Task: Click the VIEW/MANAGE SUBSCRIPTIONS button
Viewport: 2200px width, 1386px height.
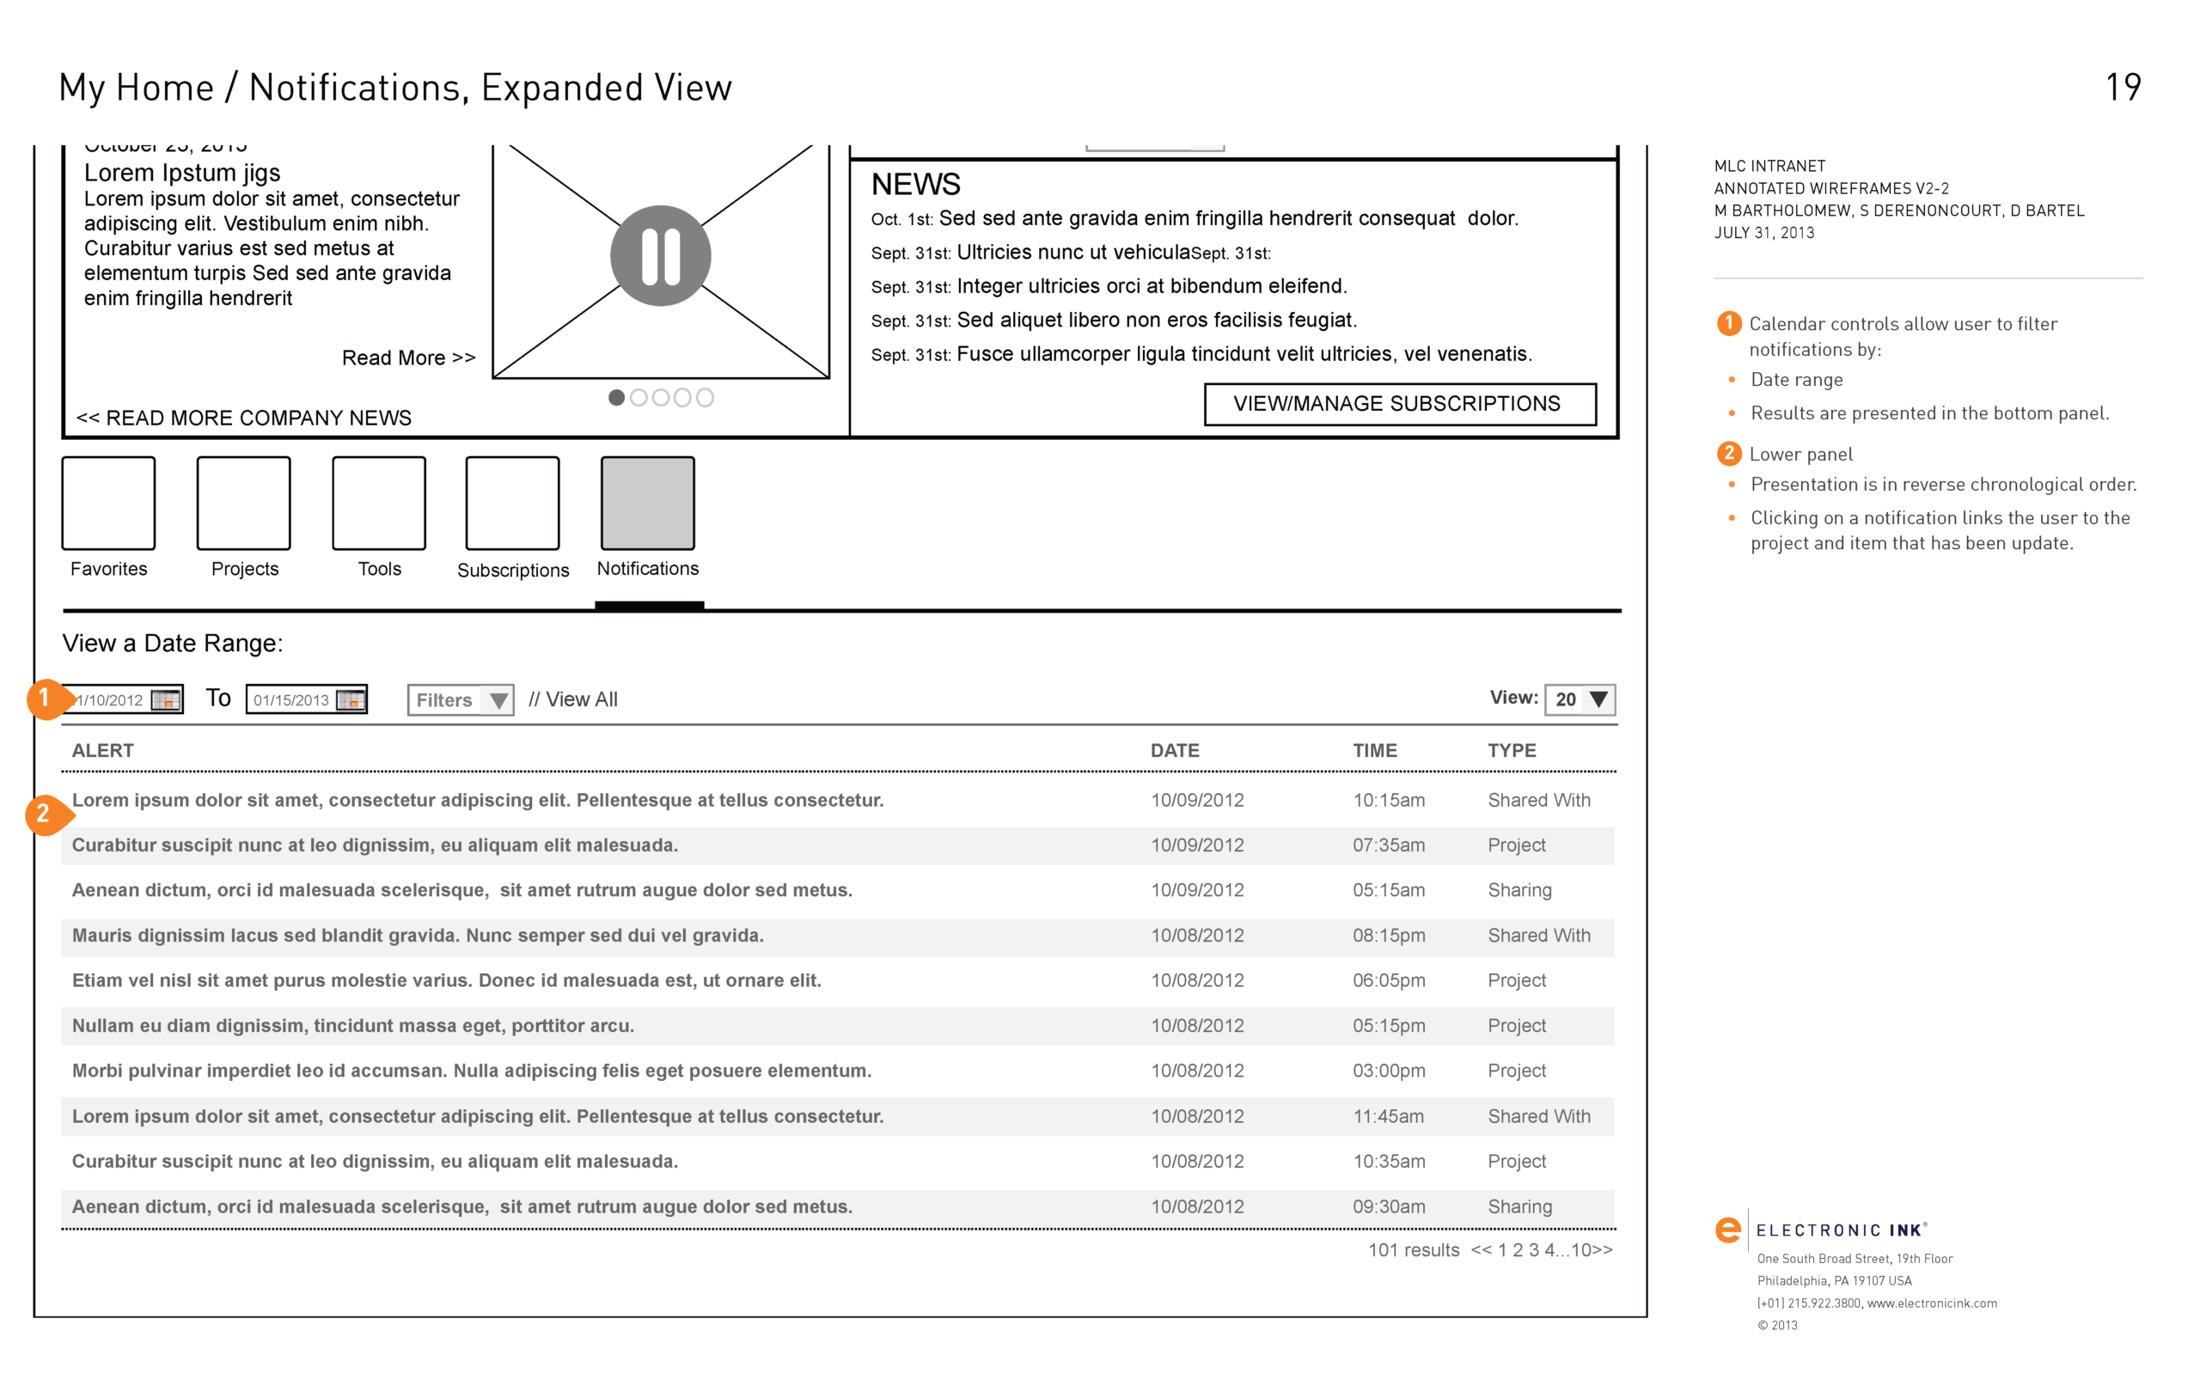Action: tap(1400, 404)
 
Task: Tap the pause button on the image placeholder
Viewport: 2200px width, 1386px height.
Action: tap(661, 256)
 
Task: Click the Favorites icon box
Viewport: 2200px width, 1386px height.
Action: tap(109, 504)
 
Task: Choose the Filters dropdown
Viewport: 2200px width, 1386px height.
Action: tap(461, 699)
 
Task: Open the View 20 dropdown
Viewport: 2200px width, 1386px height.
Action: tap(1580, 699)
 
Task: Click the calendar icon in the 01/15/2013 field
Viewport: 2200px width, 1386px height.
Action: tap(350, 699)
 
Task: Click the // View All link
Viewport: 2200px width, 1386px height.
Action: tap(573, 699)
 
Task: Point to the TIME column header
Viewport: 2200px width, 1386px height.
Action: tap(1374, 750)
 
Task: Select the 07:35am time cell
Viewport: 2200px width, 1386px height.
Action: tap(1388, 846)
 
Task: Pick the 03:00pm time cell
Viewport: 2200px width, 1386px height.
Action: tap(1388, 1071)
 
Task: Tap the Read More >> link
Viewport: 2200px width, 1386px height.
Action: tap(408, 358)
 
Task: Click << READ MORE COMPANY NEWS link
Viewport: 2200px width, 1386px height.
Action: tap(244, 418)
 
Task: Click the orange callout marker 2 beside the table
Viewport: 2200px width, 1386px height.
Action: tap(44, 813)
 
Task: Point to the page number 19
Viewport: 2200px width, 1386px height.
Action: tap(2123, 88)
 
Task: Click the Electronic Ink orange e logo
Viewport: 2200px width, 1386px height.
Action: tap(1727, 1230)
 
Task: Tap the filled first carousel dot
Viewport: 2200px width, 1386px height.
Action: tap(617, 398)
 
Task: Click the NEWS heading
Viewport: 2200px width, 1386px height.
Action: tap(915, 185)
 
